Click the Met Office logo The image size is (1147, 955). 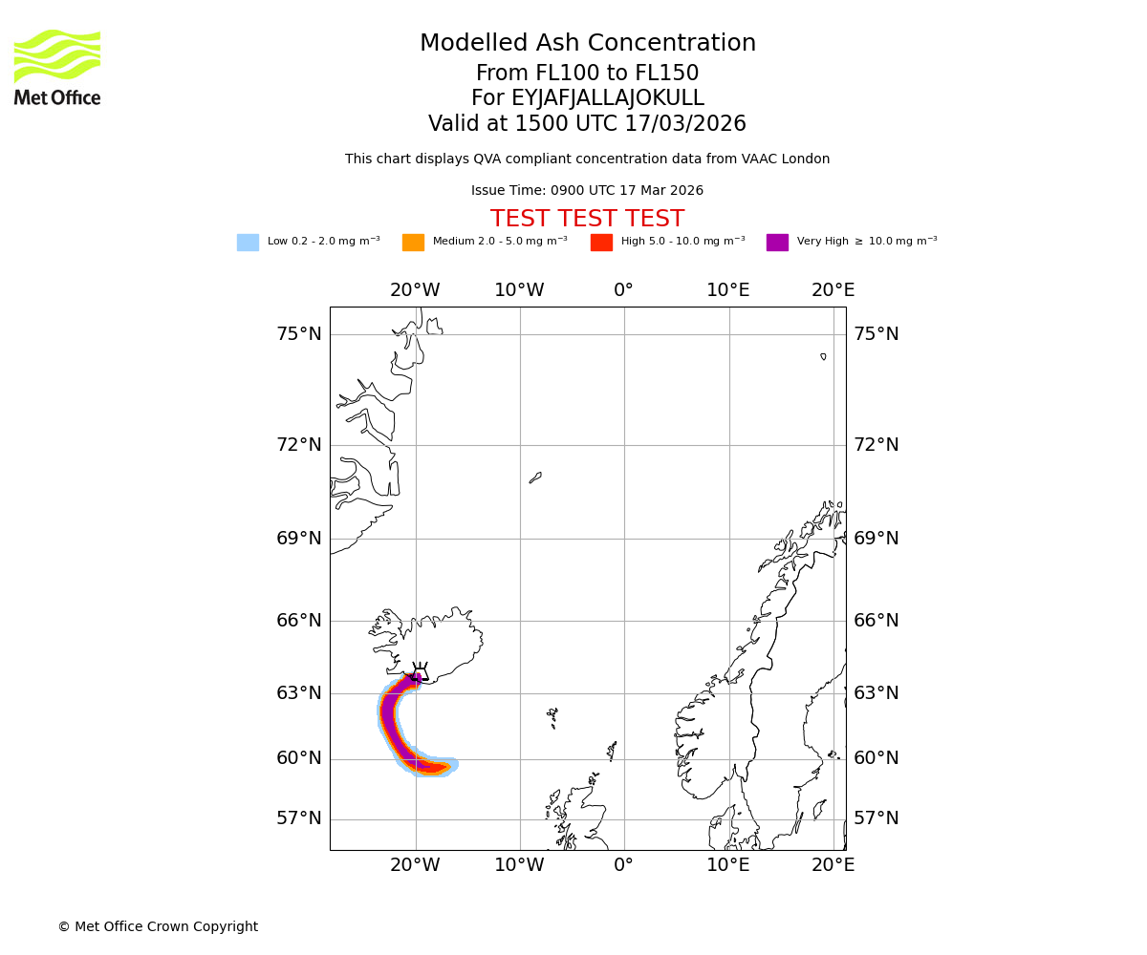click(x=57, y=67)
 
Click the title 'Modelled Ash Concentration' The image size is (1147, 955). click(x=587, y=44)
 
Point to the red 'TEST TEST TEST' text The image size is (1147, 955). click(x=587, y=220)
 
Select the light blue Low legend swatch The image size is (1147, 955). click(x=248, y=243)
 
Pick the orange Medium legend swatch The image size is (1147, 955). click(x=413, y=243)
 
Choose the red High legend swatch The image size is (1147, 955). click(x=601, y=243)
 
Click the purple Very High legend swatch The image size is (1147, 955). click(x=777, y=243)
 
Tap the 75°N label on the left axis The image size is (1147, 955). click(x=299, y=334)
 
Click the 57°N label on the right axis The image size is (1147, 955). click(x=876, y=818)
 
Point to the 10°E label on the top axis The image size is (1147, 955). click(x=727, y=290)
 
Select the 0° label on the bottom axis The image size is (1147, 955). click(x=623, y=865)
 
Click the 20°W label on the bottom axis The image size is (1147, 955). click(x=415, y=865)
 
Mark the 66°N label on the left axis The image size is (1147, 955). click(x=299, y=621)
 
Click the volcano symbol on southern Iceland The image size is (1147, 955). click(x=419, y=670)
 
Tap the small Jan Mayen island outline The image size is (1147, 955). click(x=535, y=477)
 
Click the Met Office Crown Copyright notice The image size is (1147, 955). click(x=158, y=926)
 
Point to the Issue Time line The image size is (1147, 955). click(x=587, y=191)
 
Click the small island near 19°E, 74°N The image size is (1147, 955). click(x=823, y=356)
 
